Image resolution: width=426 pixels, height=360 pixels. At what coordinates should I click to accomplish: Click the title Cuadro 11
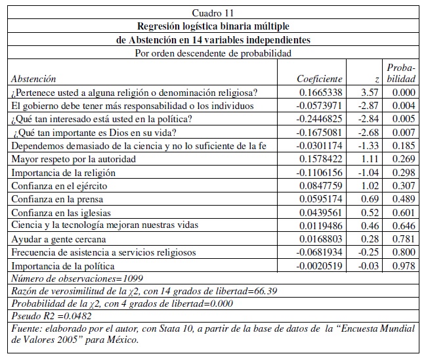(x=212, y=12)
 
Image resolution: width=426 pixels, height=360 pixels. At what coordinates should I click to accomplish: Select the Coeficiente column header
(x=320, y=79)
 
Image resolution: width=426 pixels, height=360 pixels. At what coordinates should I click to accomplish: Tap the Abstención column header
(x=33, y=79)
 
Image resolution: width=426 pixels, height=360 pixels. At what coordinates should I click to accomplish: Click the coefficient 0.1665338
(x=320, y=93)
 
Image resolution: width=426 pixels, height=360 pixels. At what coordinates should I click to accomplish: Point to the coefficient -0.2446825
(x=319, y=118)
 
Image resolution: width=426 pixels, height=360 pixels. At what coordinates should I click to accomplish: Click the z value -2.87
(x=370, y=105)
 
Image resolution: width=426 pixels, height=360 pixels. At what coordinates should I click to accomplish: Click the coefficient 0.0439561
(x=320, y=212)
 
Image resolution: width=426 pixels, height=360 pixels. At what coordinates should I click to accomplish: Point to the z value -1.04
(x=370, y=172)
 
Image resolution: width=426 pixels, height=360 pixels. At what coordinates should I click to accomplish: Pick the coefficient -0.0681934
(x=319, y=252)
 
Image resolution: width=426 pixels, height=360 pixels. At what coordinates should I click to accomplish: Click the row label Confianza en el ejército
(x=59, y=185)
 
